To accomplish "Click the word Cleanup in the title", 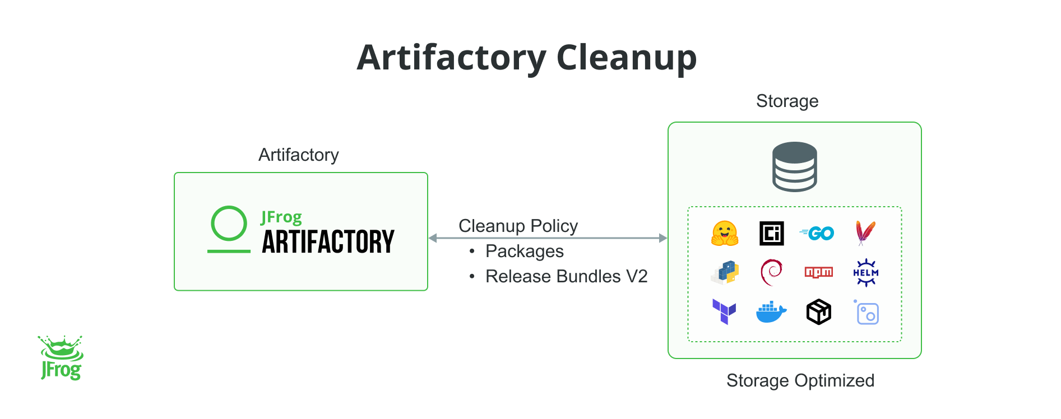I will pyautogui.click(x=626, y=58).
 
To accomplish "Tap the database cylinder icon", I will pyautogui.click(x=794, y=166).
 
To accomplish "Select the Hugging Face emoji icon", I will pyautogui.click(x=724, y=234).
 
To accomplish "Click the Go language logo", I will pyautogui.click(x=818, y=233).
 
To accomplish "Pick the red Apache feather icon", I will pyautogui.click(x=865, y=232).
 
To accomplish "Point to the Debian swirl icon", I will pyautogui.click(x=771, y=272).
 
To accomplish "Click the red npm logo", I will pyautogui.click(x=818, y=272).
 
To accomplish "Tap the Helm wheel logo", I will pyautogui.click(x=865, y=273).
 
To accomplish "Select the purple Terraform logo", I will pyautogui.click(x=724, y=311).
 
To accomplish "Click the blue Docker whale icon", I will pyautogui.click(x=771, y=313).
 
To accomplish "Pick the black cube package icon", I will pyautogui.click(x=818, y=312).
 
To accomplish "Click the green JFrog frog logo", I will pyautogui.click(x=61, y=358).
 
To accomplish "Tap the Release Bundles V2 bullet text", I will pyautogui.click(x=566, y=276).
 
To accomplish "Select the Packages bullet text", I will pyautogui.click(x=524, y=251).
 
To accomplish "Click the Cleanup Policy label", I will pyautogui.click(x=518, y=226).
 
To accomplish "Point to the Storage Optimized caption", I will pyautogui.click(x=800, y=380).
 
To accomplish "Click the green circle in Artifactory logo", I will pyautogui.click(x=229, y=224).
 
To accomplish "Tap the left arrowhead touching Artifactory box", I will pyautogui.click(x=433, y=238).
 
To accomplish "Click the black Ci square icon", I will pyautogui.click(x=771, y=234).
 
